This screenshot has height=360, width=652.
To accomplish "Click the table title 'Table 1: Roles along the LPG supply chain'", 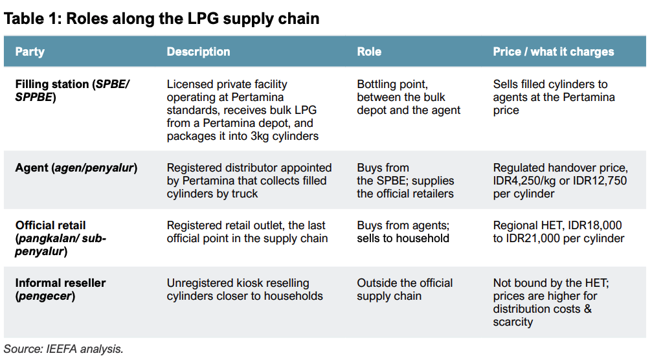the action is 161,19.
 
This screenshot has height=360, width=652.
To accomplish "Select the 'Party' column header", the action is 30,52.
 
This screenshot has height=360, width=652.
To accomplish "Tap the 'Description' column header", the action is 198,52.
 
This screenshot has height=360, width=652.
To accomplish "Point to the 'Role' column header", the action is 369,52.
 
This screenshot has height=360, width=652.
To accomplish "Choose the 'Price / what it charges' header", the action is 554,52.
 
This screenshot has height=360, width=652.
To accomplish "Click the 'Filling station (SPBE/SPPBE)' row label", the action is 72,91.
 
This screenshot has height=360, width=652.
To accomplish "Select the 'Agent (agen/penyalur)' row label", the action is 76,168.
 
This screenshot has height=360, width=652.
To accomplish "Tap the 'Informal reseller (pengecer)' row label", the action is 60,289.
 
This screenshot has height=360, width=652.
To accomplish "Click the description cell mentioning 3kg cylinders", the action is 243,110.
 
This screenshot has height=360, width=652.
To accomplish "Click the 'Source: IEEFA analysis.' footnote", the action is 63,349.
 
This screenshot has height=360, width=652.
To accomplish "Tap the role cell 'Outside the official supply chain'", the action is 405,289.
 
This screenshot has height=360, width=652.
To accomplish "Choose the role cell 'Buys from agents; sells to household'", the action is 403,232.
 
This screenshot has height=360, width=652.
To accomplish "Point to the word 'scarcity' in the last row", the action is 513,322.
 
